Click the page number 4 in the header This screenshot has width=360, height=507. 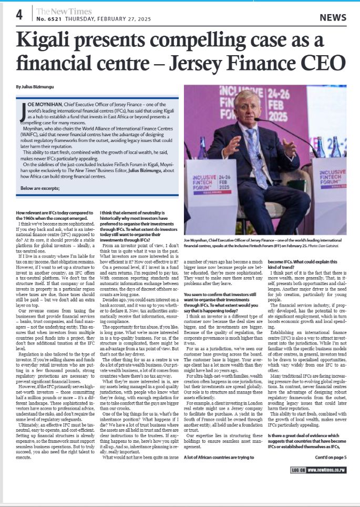click(19, 15)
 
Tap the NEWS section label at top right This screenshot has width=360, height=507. click(333, 17)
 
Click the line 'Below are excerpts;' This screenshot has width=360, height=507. click(38, 188)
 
